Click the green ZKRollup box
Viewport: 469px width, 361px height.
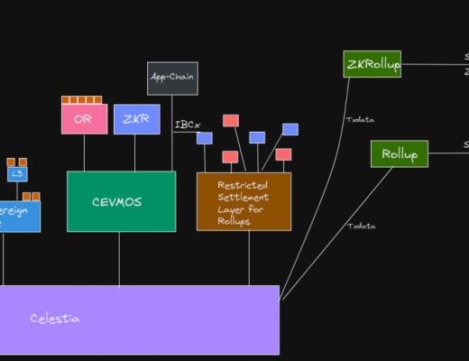pos(372,64)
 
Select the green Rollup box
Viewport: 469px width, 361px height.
pos(399,153)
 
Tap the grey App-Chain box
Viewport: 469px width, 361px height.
pos(172,79)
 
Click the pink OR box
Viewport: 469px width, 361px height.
pos(84,119)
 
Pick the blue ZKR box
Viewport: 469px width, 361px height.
pos(137,119)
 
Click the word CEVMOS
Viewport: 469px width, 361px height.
pos(121,201)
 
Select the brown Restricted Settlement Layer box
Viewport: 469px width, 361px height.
pos(244,201)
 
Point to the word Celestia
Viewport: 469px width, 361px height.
pos(55,319)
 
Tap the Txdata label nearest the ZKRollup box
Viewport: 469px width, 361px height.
pos(360,119)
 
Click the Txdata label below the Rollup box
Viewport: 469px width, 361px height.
pos(362,226)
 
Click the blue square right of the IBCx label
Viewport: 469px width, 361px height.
pos(205,138)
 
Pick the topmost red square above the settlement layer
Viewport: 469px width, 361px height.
pos(231,120)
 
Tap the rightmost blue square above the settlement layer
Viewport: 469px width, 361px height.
pos(290,129)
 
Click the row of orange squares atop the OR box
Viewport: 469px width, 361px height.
pos(81,100)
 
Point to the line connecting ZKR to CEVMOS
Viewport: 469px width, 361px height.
pos(135,153)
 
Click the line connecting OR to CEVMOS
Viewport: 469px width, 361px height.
pos(84,153)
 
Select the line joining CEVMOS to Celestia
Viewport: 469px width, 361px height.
pos(119,258)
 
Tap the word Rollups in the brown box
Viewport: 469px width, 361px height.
pos(237,222)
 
